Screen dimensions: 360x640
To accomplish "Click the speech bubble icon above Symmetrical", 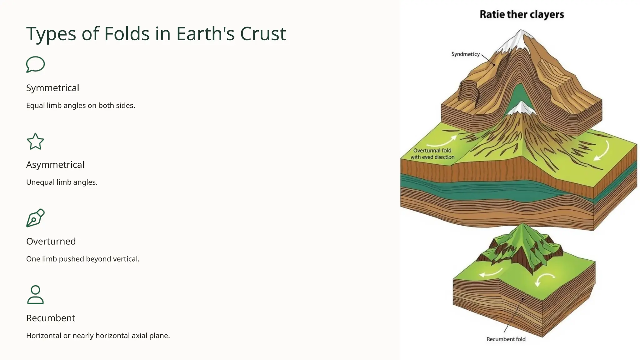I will (35, 64).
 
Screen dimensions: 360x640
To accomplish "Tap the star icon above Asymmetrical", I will (35, 142).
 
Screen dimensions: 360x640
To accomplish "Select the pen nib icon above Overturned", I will (35, 218).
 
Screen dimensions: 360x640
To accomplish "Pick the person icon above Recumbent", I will (35, 295).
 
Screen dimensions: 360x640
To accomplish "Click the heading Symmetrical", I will (52, 88).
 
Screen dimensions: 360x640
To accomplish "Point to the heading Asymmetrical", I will (55, 165).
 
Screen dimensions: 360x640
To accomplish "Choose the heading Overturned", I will (51, 241).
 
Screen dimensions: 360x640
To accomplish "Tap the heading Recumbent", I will (51, 318).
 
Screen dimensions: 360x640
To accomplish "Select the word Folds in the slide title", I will (127, 34).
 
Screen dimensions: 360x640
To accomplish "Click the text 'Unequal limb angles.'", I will (62, 182).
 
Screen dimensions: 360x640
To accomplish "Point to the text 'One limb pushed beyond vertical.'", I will (83, 259).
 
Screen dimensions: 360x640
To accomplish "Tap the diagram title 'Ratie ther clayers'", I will (522, 14).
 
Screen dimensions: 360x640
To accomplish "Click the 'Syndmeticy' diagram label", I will (465, 54).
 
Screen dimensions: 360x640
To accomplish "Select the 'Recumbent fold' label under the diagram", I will (506, 339).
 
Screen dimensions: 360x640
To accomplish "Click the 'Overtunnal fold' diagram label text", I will (432, 151).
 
